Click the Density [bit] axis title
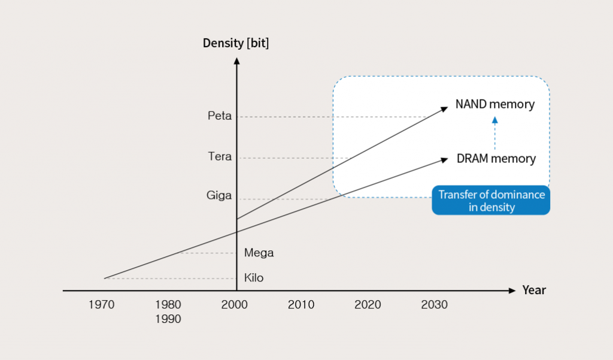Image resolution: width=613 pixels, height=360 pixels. click(236, 43)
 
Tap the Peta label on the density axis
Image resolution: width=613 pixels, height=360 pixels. click(219, 116)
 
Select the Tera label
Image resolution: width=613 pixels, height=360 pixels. click(219, 158)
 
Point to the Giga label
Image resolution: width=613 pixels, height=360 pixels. click(219, 196)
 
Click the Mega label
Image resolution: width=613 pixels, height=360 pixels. click(259, 253)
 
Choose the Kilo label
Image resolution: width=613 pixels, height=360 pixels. click(254, 278)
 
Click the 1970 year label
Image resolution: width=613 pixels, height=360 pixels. click(101, 305)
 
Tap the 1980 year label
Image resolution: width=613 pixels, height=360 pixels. click(168, 305)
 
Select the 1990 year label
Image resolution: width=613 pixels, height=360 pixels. click(168, 319)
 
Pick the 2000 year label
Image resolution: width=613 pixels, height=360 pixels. click(234, 305)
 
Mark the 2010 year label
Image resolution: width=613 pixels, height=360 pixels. click(301, 305)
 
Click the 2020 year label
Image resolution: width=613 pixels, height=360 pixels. click(368, 305)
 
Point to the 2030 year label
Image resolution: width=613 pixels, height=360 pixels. click(434, 305)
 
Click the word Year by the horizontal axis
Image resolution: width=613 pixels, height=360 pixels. click(534, 291)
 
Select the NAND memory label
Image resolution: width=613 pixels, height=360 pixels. click(494, 105)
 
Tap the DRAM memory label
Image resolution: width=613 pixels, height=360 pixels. click(496, 159)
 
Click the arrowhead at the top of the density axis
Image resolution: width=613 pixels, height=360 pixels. click(237, 60)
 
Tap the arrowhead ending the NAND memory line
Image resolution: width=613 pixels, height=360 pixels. click(444, 108)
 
